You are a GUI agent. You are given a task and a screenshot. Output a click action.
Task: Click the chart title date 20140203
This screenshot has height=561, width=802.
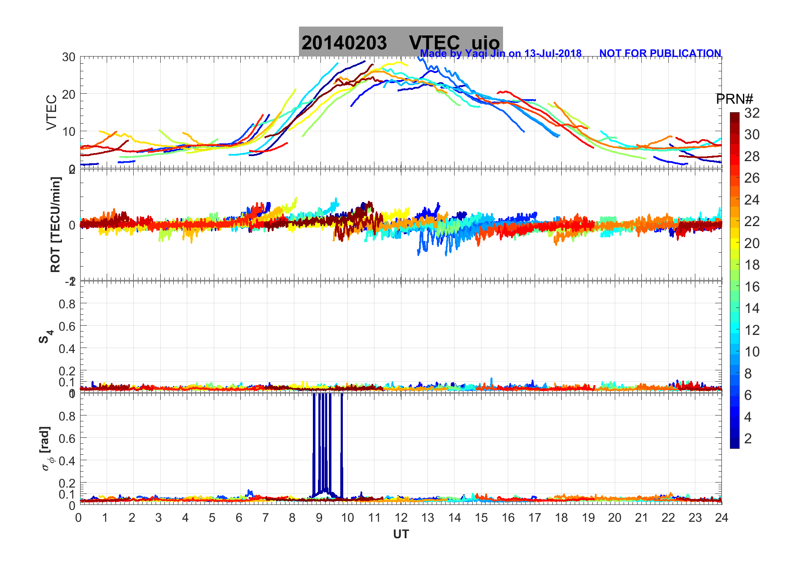[x=344, y=43]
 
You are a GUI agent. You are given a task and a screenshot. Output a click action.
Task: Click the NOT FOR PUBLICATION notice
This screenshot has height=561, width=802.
[x=660, y=54]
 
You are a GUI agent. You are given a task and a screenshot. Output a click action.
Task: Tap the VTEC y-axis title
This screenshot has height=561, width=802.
[x=51, y=112]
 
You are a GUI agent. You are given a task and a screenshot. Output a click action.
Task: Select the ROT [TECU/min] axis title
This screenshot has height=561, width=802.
[x=55, y=224]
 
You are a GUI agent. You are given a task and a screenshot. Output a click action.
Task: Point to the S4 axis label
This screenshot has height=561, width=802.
[x=46, y=337]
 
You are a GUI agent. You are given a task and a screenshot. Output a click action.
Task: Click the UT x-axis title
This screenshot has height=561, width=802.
[x=401, y=534]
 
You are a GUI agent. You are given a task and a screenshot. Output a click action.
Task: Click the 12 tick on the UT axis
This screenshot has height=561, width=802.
[x=401, y=518]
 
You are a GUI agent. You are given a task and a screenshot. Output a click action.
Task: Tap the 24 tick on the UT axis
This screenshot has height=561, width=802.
[x=721, y=518]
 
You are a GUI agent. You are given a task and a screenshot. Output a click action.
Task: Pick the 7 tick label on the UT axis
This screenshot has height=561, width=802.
[x=266, y=518]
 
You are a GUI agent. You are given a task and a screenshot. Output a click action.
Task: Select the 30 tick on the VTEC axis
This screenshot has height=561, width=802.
[x=69, y=57]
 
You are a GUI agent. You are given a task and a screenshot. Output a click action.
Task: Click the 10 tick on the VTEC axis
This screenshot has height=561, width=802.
[x=69, y=131]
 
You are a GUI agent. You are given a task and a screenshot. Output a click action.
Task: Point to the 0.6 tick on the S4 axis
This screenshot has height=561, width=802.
[x=67, y=326]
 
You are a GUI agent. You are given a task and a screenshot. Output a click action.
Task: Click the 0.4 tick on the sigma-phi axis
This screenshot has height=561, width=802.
[x=67, y=461]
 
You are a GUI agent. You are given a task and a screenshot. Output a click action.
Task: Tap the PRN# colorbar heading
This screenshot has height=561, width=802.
[x=734, y=99]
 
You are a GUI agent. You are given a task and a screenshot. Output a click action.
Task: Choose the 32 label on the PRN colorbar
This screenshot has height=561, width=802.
[x=752, y=113]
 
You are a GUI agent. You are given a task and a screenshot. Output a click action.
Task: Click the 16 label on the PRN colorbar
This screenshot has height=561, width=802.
[x=752, y=287]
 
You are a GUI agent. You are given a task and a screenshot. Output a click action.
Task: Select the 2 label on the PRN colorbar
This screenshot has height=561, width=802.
[x=748, y=439]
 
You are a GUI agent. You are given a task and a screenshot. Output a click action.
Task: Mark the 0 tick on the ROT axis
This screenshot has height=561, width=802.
[x=73, y=225]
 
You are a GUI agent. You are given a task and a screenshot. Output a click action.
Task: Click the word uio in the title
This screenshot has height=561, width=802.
[x=485, y=43]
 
